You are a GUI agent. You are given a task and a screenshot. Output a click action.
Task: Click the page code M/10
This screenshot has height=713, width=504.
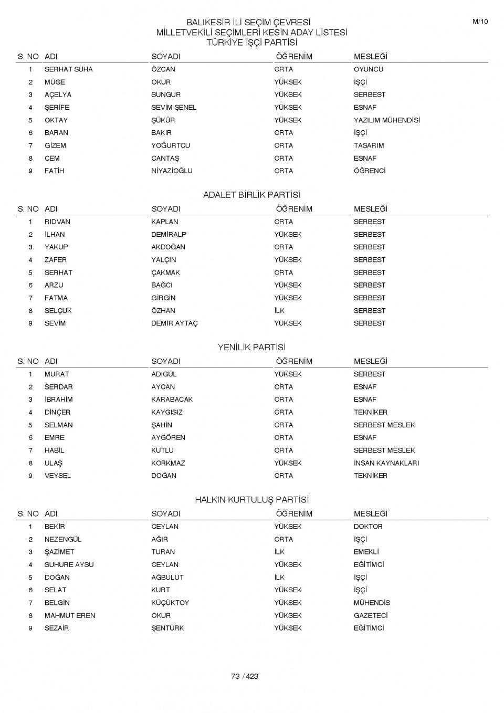click(x=480, y=22)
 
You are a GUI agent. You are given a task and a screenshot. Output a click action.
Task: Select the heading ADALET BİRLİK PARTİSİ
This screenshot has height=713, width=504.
click(x=251, y=195)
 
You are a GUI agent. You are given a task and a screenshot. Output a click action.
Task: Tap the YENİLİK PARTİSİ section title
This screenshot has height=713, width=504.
click(x=251, y=348)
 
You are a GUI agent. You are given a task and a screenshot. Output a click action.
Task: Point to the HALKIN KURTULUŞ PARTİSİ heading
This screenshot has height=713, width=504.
click(x=251, y=500)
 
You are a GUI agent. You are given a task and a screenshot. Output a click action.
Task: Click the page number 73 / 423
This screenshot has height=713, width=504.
click(x=245, y=676)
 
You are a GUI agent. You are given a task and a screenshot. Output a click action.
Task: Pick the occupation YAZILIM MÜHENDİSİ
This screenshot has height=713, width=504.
click(x=386, y=120)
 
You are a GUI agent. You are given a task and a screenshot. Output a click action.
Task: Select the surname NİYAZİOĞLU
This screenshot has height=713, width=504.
click(x=172, y=171)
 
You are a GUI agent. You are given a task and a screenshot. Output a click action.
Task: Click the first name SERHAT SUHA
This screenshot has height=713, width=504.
click(x=68, y=69)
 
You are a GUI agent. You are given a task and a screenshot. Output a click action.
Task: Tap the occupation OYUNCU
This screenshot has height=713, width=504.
click(x=368, y=69)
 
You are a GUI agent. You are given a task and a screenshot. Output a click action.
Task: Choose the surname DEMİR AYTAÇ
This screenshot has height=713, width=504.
click(x=174, y=323)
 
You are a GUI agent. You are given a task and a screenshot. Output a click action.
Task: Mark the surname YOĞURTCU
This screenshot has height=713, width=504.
click(x=171, y=145)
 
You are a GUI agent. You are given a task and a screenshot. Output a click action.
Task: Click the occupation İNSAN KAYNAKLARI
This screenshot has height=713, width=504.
click(x=386, y=463)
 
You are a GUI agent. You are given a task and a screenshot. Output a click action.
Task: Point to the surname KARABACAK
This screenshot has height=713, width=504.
click(x=172, y=400)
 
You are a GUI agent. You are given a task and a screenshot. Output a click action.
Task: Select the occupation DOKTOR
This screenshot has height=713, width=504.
click(x=368, y=527)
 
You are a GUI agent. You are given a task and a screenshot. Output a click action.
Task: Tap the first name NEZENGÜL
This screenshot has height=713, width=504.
click(x=63, y=539)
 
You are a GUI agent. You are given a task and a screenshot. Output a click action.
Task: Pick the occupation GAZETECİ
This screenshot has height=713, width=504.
click(x=370, y=615)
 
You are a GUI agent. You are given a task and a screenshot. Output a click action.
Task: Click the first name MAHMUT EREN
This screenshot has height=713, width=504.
click(x=70, y=615)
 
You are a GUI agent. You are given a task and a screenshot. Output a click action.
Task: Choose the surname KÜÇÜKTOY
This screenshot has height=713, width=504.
click(x=170, y=603)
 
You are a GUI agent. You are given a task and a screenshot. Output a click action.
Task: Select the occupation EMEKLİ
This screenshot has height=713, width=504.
click(x=366, y=552)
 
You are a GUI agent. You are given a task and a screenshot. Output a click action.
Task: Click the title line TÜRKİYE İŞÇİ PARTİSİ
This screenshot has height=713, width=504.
click(x=251, y=43)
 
